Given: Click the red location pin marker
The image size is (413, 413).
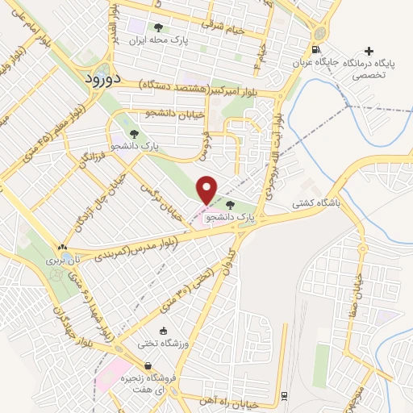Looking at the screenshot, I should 207,190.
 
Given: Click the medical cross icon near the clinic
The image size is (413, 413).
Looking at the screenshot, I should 369,52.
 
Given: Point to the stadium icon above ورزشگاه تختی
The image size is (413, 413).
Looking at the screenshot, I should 165,331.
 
